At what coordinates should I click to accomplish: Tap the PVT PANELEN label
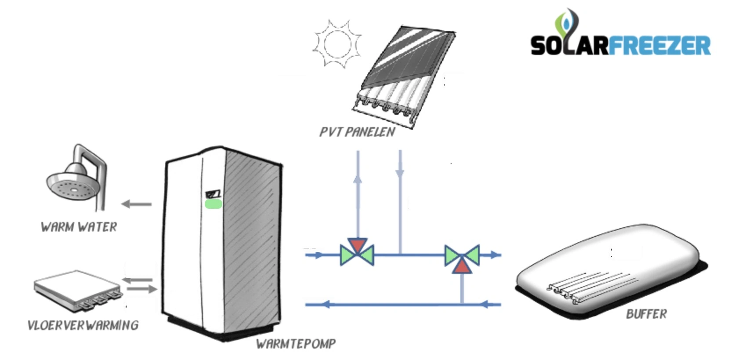357,132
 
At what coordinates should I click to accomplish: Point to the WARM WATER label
79,227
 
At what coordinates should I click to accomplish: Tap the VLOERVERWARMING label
83,325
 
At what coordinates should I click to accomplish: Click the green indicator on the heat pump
214,204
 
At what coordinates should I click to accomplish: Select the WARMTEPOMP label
296,344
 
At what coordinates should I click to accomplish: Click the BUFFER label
646,314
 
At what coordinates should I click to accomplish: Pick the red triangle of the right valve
462,266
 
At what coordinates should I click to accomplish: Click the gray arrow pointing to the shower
136,204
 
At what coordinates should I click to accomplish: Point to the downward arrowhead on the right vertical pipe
400,173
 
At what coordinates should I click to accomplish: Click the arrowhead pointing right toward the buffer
495,255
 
